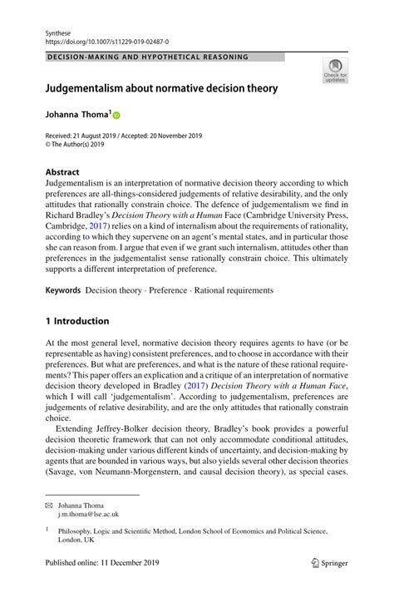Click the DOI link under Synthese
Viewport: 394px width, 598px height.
[x=103, y=39]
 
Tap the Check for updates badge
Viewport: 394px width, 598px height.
[x=335, y=72]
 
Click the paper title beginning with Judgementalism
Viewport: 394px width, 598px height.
[x=161, y=87]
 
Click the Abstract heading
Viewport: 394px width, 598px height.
[x=63, y=173]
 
